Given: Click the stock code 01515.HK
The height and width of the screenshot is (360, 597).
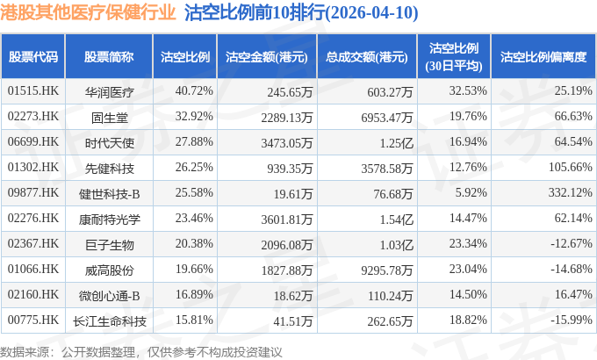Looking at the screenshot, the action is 33,90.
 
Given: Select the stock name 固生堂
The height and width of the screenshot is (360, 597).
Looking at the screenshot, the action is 109,118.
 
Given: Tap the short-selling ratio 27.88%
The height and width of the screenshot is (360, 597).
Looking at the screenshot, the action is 194,141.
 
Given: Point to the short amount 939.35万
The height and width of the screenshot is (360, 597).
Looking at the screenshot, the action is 290,168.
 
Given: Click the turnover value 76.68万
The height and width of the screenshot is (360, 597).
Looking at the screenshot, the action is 393,193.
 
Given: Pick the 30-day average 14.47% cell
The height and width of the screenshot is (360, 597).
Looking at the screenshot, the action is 468,218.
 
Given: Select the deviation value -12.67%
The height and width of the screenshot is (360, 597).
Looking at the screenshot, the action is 572,243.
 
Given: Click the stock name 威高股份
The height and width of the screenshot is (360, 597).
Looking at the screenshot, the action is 109,270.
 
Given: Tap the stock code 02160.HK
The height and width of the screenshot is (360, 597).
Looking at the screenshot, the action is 33,294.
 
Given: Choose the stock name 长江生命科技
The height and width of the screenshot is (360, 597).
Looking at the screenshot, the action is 109,321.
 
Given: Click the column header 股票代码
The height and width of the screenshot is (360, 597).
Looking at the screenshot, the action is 33,57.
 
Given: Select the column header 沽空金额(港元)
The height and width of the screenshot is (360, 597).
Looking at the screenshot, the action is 267,57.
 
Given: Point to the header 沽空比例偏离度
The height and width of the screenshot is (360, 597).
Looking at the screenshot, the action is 543,57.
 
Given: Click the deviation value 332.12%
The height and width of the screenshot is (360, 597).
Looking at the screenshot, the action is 571,192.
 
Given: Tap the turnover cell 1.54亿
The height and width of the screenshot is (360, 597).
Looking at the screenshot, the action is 396,219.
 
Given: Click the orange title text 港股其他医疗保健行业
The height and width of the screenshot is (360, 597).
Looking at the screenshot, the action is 88,12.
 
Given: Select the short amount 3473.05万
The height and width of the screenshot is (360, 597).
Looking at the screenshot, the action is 287,143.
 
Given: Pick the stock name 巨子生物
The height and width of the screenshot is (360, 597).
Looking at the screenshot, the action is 109,245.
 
